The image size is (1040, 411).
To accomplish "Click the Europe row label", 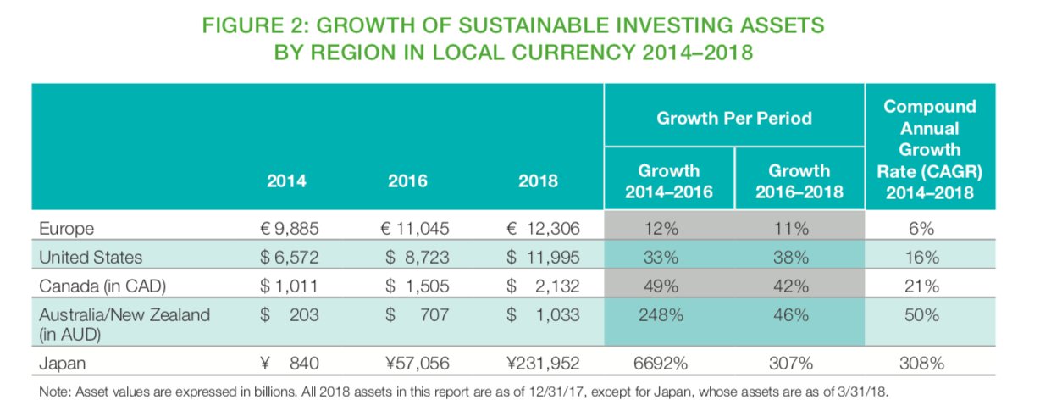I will [x=64, y=227].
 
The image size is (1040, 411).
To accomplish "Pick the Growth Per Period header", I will [x=733, y=118].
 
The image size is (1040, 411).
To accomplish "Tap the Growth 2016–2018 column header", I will [x=799, y=181].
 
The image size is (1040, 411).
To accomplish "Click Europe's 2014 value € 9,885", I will [x=292, y=227].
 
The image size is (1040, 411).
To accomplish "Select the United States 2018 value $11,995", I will [x=542, y=256].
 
